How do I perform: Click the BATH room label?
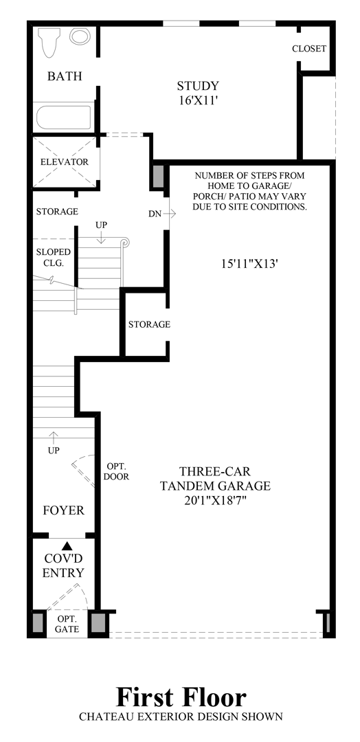point(65,76)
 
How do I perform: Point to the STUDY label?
point(198,86)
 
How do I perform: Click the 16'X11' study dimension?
point(198,100)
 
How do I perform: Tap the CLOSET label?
point(309,49)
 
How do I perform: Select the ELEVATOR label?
point(65,162)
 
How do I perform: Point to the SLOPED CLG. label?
point(53,258)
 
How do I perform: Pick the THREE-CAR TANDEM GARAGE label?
point(215,479)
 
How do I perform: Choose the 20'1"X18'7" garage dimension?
point(215,501)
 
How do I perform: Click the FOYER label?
point(63,510)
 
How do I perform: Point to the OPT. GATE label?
point(67,623)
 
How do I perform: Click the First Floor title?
point(181,698)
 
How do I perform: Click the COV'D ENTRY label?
point(64,566)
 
